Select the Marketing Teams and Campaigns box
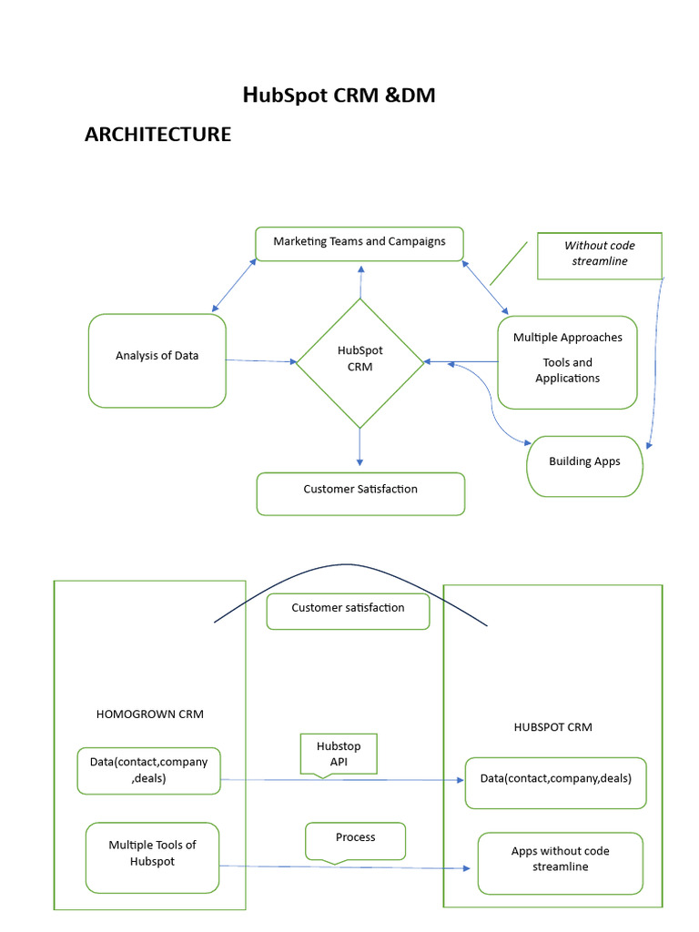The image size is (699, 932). (x=360, y=243)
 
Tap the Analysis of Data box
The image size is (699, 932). (x=157, y=360)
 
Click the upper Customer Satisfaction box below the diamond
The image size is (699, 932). (x=360, y=492)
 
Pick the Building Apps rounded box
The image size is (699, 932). (x=584, y=465)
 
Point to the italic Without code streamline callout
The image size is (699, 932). (x=599, y=255)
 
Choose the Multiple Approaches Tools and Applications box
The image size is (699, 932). (x=567, y=361)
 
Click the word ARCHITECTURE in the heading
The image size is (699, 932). (x=157, y=135)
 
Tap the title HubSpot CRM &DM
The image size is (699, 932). (x=339, y=95)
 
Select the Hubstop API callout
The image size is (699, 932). (x=338, y=754)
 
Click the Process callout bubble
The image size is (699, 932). (x=355, y=839)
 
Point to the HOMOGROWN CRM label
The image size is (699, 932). (x=149, y=714)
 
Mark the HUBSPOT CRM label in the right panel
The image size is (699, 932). (x=552, y=727)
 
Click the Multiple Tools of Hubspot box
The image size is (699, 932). (x=152, y=856)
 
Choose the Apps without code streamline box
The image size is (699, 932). (x=560, y=862)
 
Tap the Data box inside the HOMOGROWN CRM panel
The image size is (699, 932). (x=148, y=770)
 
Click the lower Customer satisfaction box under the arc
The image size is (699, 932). (x=348, y=611)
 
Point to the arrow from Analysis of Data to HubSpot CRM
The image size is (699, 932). (x=261, y=361)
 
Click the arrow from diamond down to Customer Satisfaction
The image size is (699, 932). (x=360, y=449)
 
